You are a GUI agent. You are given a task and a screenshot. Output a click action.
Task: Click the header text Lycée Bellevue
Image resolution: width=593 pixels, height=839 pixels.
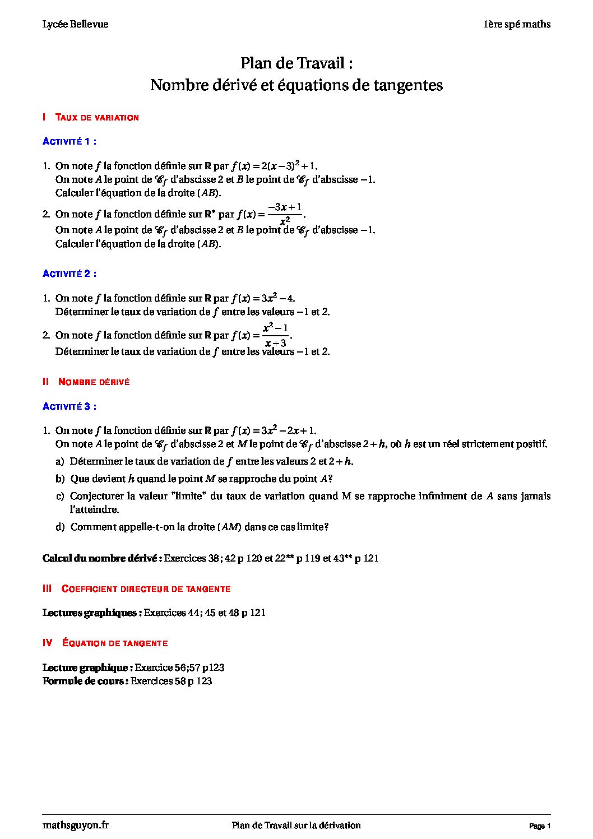click(75, 24)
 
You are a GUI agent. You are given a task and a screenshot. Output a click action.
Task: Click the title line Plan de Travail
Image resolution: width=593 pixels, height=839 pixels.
click(296, 63)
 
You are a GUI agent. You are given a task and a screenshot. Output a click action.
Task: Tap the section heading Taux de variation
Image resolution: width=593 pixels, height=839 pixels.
click(97, 118)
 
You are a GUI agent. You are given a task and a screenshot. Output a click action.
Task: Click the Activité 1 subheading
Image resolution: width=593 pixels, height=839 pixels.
click(70, 141)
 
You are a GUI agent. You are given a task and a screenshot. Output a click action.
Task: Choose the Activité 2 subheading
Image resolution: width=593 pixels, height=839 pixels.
click(70, 274)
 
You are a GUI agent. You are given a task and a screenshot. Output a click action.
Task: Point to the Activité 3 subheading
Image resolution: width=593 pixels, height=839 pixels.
click(70, 406)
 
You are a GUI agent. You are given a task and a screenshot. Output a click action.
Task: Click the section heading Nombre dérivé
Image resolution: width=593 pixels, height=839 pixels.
click(94, 382)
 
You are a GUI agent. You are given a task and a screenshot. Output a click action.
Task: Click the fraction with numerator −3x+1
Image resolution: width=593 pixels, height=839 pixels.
click(285, 214)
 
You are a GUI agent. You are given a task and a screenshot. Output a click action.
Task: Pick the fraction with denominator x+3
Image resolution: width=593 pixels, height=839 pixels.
click(275, 335)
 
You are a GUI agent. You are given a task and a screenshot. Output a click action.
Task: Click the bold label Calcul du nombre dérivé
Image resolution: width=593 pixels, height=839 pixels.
click(102, 559)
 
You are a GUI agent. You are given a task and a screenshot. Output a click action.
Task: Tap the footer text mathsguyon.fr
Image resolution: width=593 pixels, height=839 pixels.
click(76, 825)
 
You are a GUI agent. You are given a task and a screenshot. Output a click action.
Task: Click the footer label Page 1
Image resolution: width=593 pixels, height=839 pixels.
click(540, 826)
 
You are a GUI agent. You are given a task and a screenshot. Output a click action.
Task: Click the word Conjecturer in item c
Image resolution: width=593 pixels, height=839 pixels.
click(96, 497)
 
